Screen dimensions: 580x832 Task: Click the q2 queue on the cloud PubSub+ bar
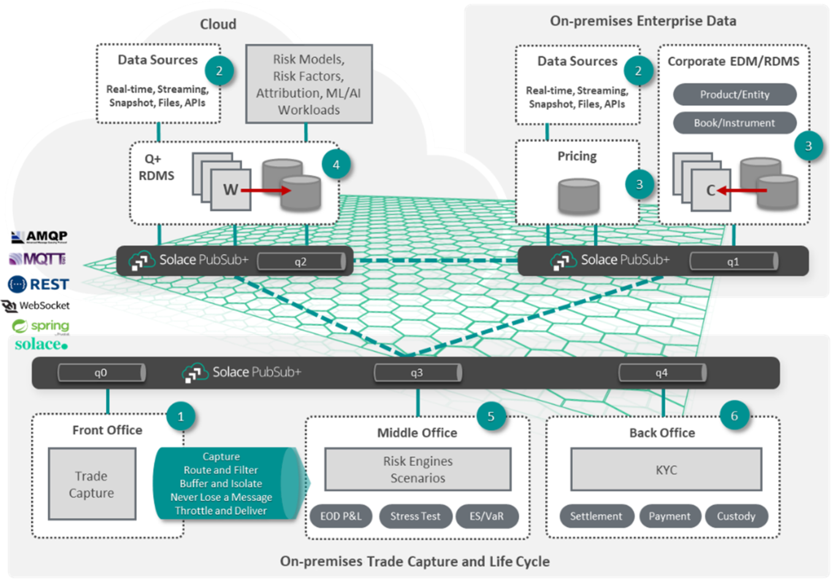point(301,261)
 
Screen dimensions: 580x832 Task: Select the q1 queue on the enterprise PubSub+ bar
point(733,261)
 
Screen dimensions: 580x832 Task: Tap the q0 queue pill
point(101,373)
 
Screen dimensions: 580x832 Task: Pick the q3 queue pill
point(418,373)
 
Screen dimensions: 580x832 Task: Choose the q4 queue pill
point(662,373)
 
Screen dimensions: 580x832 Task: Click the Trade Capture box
point(92,484)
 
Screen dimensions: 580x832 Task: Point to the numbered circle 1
point(181,417)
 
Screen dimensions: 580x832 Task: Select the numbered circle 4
point(336,164)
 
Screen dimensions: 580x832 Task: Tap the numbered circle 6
point(734,417)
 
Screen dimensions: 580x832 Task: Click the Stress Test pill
point(415,516)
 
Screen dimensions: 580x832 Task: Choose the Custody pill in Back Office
point(736,516)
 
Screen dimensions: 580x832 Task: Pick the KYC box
point(666,470)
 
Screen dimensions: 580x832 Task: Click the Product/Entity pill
point(735,95)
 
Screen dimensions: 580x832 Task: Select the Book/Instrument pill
point(735,123)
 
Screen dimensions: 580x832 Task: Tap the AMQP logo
point(40,237)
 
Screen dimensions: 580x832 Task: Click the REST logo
point(39,284)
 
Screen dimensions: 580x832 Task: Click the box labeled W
point(231,190)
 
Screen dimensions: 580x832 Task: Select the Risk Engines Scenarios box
point(418,470)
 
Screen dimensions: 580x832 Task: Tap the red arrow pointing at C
point(742,191)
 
